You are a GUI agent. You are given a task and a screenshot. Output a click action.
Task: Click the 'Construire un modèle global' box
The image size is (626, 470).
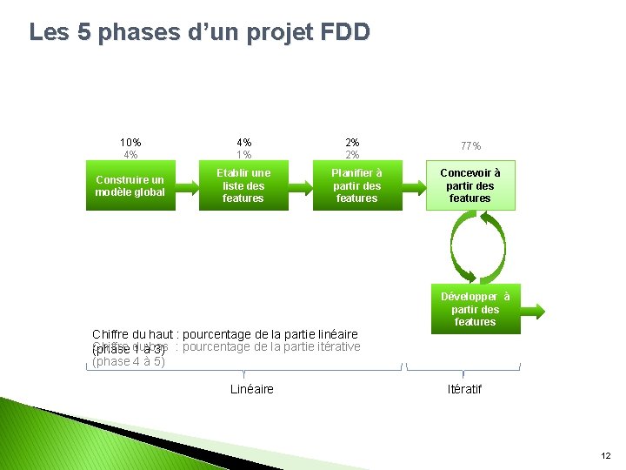[130, 185]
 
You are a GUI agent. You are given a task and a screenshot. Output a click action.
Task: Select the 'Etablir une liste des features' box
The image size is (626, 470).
[243, 185]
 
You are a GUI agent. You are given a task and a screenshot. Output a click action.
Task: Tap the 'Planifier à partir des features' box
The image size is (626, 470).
[356, 185]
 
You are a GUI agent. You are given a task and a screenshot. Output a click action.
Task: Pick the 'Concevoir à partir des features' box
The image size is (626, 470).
[470, 185]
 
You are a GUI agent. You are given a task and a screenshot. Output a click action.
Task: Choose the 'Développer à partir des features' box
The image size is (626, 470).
[475, 310]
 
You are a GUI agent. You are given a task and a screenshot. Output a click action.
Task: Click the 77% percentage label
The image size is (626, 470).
[470, 146]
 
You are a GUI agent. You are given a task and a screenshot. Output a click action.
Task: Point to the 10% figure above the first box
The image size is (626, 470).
[130, 142]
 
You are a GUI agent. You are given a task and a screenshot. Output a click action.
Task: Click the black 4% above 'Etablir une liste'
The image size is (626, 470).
[243, 142]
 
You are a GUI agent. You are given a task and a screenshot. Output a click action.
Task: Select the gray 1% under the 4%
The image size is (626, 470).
[243, 155]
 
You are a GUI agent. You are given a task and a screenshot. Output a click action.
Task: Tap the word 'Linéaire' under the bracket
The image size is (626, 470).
[252, 389]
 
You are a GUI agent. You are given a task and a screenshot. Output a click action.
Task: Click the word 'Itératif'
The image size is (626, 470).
[463, 389]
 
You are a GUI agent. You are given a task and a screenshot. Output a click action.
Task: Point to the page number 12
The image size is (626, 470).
[605, 455]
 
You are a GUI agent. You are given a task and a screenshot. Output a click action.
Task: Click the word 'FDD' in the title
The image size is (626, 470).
[345, 32]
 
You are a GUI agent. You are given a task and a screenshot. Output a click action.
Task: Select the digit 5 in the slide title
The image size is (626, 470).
[84, 32]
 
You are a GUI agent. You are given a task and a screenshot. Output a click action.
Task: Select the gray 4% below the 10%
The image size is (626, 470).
[130, 155]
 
